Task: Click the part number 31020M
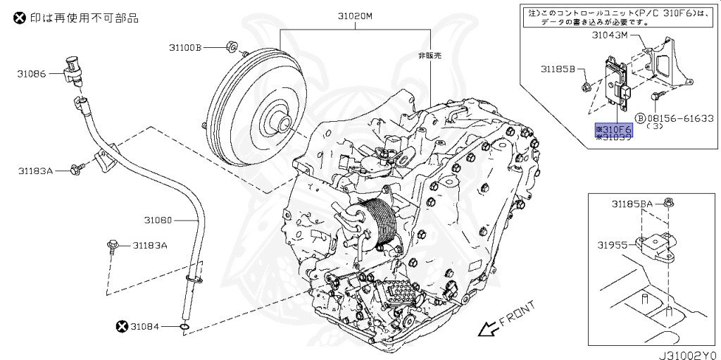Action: (355, 15)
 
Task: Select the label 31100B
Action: (185, 47)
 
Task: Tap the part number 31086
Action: (33, 73)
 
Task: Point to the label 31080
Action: (158, 220)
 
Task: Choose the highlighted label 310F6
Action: (614, 130)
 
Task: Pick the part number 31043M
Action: (609, 35)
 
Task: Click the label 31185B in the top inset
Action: (558, 69)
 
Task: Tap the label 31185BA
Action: (632, 204)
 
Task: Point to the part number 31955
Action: (612, 245)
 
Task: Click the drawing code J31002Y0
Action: (687, 354)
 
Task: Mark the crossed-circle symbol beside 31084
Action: (121, 325)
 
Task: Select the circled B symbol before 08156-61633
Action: (640, 118)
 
